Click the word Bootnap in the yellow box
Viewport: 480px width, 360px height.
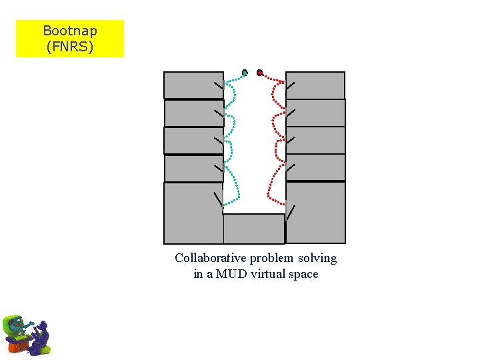coord(69,31)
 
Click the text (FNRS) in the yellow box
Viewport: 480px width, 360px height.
coord(69,47)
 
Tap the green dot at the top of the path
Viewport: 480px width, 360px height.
coord(245,72)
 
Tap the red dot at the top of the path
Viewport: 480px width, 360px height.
coord(259,72)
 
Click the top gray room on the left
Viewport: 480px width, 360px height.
coord(193,85)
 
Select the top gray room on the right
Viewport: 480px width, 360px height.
coord(315,85)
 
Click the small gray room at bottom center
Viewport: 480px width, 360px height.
coord(254,229)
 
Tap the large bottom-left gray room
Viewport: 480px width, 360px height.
coord(193,213)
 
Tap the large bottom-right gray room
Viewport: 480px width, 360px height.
coord(315,213)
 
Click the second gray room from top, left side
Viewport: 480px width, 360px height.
coord(193,113)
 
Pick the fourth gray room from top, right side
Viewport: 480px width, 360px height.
coord(315,167)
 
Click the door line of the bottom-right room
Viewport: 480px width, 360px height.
coord(291,213)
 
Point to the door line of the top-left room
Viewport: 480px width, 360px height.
coord(219,86)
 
